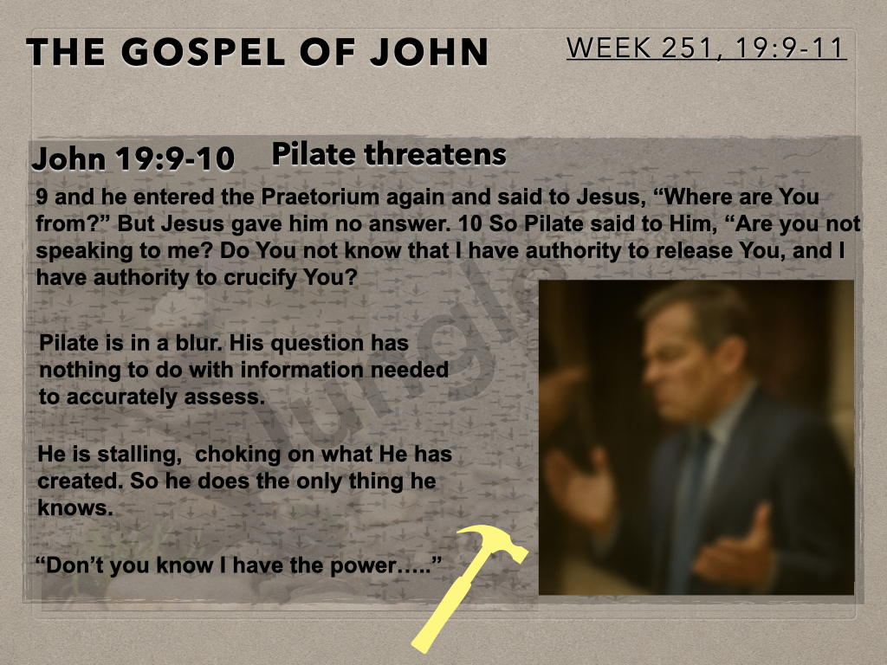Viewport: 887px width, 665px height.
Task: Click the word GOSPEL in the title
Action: pyautogui.click(x=203, y=52)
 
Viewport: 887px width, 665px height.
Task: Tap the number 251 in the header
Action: pyautogui.click(x=686, y=48)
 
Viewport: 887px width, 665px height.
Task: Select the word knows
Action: pyautogui.click(x=75, y=507)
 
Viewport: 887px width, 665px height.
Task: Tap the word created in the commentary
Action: pyautogui.click(x=81, y=481)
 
